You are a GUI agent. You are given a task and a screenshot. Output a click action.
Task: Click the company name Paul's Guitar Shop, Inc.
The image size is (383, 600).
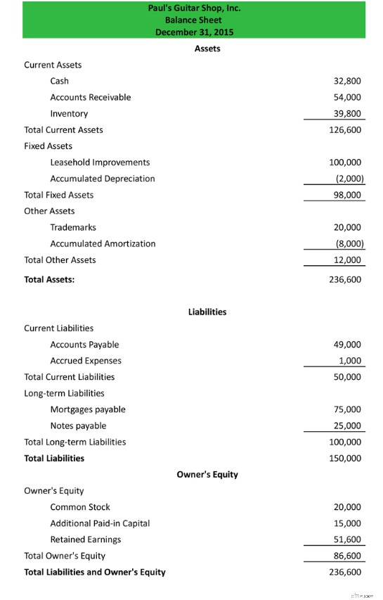point(194,8)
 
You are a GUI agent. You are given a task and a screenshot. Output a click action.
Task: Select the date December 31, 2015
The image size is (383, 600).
point(194,32)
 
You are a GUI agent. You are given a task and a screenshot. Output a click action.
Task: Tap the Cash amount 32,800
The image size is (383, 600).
point(347,81)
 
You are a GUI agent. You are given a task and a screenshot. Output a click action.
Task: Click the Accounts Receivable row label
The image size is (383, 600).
point(90,97)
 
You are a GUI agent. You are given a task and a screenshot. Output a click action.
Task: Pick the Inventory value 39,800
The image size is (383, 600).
point(347,113)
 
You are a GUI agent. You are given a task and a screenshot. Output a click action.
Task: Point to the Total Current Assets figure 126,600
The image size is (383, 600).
point(345,129)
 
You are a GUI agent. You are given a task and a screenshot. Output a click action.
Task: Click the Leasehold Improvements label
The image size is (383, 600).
point(100,162)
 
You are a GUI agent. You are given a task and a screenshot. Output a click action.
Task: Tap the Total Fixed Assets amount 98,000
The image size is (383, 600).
point(347,195)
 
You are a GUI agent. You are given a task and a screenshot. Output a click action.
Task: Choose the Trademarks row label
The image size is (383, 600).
point(73,227)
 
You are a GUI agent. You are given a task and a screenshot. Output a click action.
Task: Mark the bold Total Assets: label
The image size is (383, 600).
point(49,279)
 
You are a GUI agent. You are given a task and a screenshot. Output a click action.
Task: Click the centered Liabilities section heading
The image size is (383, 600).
point(207,312)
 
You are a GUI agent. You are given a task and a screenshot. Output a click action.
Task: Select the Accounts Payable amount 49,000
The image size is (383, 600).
point(347,345)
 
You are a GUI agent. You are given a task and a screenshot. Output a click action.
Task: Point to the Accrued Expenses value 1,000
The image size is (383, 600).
point(349,361)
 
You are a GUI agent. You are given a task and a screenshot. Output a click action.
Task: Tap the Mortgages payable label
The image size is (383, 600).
point(88,409)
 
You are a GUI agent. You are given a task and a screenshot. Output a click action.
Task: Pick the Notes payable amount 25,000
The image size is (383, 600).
point(347,426)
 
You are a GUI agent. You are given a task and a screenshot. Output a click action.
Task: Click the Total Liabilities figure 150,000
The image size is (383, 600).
point(345,458)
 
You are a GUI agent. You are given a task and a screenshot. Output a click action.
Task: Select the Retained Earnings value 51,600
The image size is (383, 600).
point(347,540)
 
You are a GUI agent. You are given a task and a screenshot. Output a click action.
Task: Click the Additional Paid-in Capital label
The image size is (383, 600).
point(100,523)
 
